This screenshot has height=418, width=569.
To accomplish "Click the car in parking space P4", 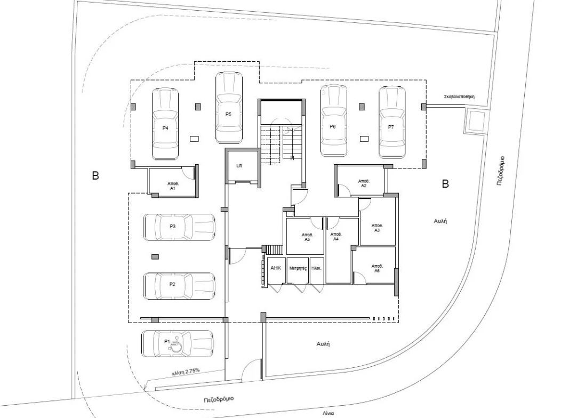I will [x=165, y=124].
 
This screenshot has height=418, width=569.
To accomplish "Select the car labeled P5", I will [x=229, y=108].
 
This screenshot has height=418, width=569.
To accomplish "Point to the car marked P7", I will [x=391, y=122].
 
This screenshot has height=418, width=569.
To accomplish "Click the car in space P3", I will [x=179, y=227].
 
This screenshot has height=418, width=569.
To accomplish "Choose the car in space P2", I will [x=179, y=286].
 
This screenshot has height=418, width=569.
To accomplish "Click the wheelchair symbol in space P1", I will [x=175, y=347].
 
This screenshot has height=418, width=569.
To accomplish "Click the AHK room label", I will [x=276, y=268].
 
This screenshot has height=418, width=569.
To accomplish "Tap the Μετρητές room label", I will [x=298, y=268].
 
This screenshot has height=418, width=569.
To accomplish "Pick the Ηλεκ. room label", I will [x=316, y=268].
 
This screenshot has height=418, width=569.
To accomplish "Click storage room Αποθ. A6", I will [x=376, y=268].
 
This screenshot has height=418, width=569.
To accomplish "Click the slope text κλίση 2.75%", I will [x=186, y=371].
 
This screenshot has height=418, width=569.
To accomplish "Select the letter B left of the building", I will [x=95, y=175].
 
